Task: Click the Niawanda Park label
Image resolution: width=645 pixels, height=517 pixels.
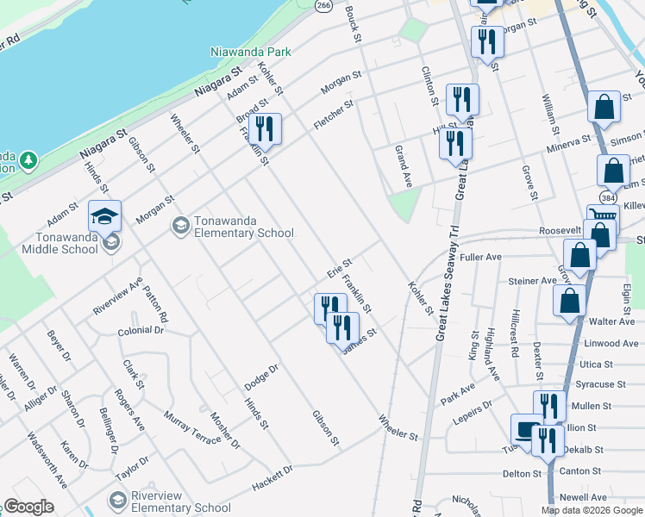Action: [x=251, y=52]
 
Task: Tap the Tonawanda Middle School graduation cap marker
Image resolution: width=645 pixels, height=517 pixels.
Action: [x=104, y=216]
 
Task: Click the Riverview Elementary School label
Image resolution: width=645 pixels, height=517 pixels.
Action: [x=182, y=501]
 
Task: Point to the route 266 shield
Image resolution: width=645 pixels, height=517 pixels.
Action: [x=323, y=5]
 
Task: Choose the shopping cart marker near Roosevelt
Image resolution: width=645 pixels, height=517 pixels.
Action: [x=601, y=219]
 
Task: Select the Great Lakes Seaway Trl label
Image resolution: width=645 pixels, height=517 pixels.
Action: [x=450, y=267]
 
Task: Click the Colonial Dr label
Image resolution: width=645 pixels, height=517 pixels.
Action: [x=141, y=330]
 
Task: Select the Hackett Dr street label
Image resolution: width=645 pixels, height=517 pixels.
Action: [x=272, y=478]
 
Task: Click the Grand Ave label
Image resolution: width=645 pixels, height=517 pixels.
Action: [x=403, y=167]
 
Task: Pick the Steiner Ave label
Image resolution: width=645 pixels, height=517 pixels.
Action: [x=532, y=281]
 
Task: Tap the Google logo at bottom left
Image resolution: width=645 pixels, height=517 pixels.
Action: [x=29, y=507]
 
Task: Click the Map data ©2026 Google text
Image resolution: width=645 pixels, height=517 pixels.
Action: [x=592, y=510]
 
